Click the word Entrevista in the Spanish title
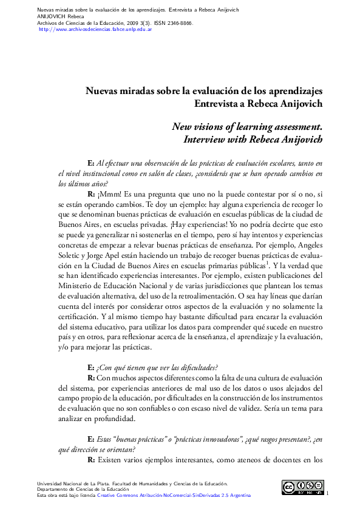(x=219, y=103)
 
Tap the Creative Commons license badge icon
(x=302, y=488)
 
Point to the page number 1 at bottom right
(x=327, y=493)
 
